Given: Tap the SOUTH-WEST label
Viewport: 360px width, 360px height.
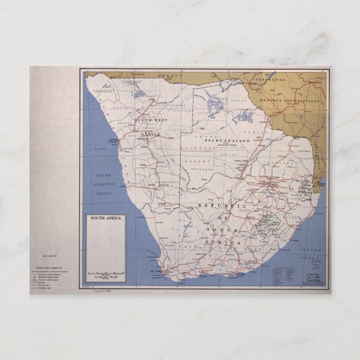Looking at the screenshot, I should coord(137,120).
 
